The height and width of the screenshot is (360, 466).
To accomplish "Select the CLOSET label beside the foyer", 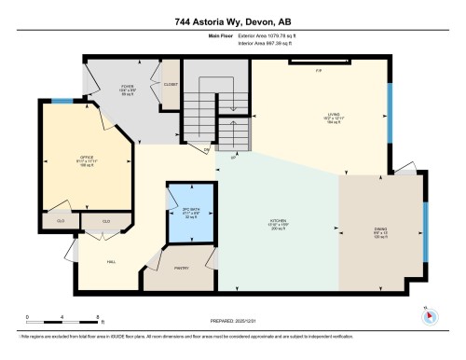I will pos(171,84).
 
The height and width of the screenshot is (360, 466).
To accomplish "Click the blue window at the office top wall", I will pos(60,101).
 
